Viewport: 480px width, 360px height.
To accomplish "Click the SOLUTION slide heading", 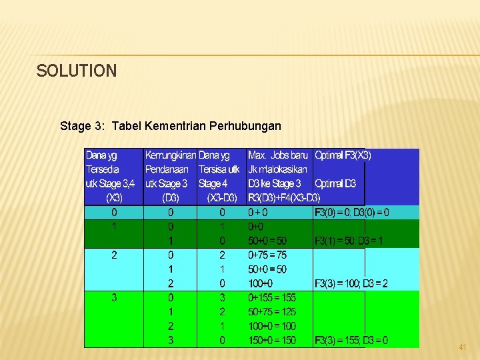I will click(77, 71).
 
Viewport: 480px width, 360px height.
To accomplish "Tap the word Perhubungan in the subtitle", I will click(245, 125).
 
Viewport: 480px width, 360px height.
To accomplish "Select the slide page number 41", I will click(463, 347).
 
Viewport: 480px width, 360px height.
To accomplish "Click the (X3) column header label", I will click(114, 198).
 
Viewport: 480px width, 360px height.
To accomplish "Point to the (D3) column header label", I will click(170, 198).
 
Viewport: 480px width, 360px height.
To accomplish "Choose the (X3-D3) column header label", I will click(222, 198).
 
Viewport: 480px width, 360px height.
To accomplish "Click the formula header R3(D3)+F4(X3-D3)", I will click(284, 198).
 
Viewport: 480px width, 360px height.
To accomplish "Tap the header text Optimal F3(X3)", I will click(343, 155).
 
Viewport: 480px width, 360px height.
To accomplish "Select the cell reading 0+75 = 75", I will click(267, 255).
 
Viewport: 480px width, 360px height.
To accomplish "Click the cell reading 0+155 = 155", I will click(271, 298).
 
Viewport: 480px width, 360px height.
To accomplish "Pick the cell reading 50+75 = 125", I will click(271, 312).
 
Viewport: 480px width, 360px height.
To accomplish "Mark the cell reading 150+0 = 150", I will click(271, 341).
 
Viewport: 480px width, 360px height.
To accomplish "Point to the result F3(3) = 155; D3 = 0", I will click(351, 341).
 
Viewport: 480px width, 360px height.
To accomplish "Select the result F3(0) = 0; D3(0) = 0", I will click(352, 213).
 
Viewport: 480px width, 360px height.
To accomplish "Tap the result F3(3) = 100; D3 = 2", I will click(351, 284).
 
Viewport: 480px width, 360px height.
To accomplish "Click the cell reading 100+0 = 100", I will click(271, 326).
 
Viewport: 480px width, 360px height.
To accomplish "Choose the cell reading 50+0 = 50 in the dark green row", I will click(267, 241).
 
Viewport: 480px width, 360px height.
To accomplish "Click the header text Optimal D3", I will click(335, 184).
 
